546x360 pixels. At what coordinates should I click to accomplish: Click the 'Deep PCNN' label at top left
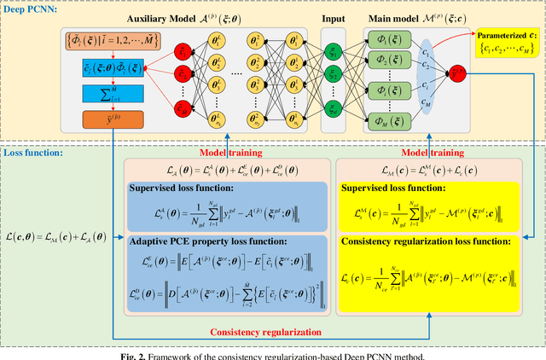tap(32, 9)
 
